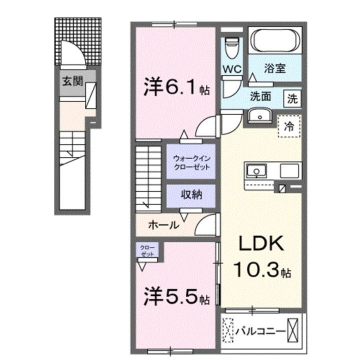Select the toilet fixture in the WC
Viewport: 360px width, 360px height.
tap(231, 49)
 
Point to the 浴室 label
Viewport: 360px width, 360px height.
tap(275, 68)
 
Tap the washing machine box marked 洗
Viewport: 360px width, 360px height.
tap(292, 98)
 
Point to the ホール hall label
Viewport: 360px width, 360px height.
tap(163, 225)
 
